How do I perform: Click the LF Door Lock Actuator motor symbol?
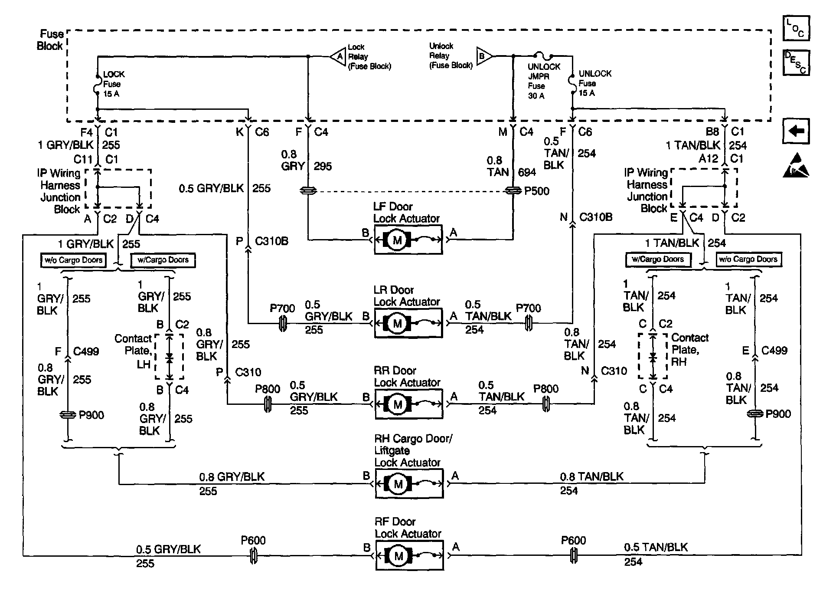(x=398, y=240)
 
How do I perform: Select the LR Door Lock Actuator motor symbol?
(x=398, y=323)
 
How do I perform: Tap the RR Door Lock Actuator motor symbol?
(x=398, y=404)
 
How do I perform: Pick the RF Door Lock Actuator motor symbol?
(x=398, y=555)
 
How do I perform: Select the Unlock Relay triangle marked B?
(x=484, y=56)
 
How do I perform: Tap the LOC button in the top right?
(x=796, y=28)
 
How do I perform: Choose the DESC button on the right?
(x=796, y=62)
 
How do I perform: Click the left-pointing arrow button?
(x=796, y=131)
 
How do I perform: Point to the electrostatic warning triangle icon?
(x=796, y=166)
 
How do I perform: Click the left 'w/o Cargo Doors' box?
(x=73, y=260)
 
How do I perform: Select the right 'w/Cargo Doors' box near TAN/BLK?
(x=658, y=259)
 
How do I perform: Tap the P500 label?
(x=536, y=191)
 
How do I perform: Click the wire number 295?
(x=322, y=166)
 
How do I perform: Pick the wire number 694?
(x=527, y=172)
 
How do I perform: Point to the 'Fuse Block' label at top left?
(x=51, y=40)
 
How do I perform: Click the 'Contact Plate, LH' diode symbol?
(x=170, y=358)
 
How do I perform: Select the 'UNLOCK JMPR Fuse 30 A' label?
(x=543, y=81)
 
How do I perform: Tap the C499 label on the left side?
(x=86, y=351)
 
